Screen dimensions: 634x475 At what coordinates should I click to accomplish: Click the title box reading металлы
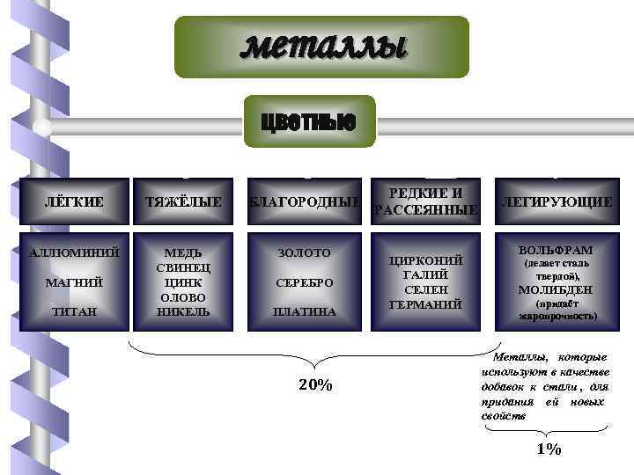click(x=321, y=47)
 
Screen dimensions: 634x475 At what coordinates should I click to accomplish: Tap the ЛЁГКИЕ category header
click(x=73, y=202)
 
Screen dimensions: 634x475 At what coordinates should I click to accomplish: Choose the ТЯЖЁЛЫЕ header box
click(x=183, y=202)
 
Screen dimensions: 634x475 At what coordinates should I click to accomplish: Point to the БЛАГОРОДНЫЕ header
click(x=303, y=202)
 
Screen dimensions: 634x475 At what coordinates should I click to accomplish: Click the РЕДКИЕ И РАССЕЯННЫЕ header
click(x=427, y=201)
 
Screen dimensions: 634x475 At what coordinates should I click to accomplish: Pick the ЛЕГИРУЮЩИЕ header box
click(x=557, y=202)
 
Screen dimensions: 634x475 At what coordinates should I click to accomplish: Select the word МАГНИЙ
click(x=73, y=282)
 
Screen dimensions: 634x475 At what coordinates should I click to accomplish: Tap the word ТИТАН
click(x=73, y=311)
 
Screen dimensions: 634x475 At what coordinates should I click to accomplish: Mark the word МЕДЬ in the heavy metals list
click(x=183, y=253)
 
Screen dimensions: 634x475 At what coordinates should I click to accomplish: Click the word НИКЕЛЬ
click(x=183, y=311)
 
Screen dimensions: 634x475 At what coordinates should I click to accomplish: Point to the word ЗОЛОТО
click(x=303, y=253)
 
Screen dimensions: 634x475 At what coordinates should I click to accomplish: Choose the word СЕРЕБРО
click(x=303, y=282)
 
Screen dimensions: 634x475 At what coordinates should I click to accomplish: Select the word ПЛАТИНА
click(x=303, y=311)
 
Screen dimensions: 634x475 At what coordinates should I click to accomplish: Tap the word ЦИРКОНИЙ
click(x=427, y=261)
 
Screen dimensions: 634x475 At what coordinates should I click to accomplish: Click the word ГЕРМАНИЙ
click(x=427, y=303)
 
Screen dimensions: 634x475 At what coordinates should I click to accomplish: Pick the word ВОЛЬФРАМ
click(x=557, y=250)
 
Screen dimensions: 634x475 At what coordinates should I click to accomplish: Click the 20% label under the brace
click(x=314, y=384)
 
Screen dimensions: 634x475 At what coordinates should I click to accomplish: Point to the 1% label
click(x=548, y=449)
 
